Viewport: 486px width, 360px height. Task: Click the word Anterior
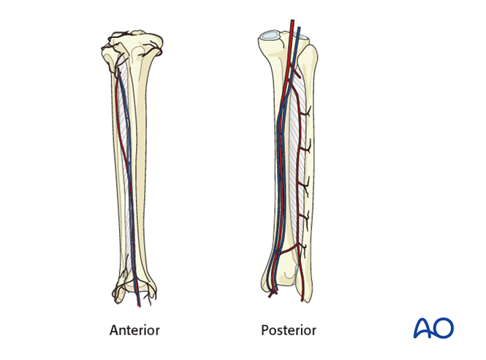pyautogui.click(x=134, y=331)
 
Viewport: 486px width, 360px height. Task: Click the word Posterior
pyautogui.click(x=289, y=331)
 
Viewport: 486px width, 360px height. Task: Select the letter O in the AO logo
pyautogui.click(x=444, y=328)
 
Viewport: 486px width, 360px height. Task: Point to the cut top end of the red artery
pyautogui.click(x=291, y=22)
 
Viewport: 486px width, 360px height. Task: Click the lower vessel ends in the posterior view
pyautogui.click(x=272, y=292)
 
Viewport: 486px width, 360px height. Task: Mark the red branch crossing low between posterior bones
pyautogui.click(x=293, y=251)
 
